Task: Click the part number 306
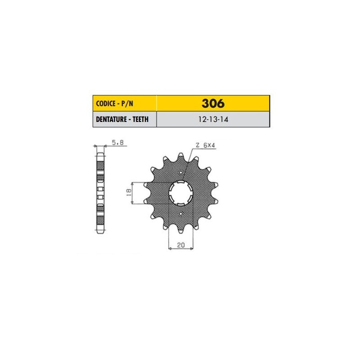[213, 103]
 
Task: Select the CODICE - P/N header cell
[125, 103]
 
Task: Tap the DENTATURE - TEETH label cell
[125, 119]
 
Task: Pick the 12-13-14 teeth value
[213, 119]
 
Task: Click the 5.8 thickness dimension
[117, 143]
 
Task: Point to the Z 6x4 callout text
[205, 145]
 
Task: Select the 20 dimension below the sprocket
[181, 245]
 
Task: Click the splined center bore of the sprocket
[181, 193]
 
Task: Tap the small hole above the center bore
[181, 172]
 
